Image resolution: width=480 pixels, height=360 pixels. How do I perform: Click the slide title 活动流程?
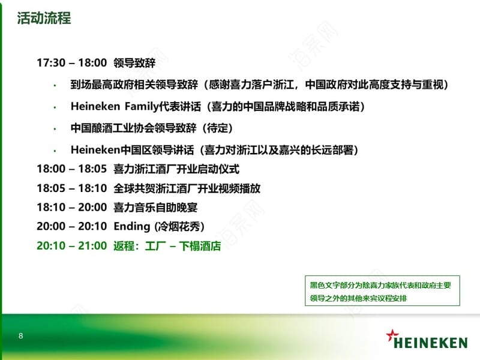[x=44, y=18]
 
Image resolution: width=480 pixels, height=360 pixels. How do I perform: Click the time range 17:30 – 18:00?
[x=71, y=63]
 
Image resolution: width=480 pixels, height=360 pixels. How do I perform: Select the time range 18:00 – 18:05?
[x=71, y=169]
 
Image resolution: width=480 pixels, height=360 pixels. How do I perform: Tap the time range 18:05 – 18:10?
[x=71, y=188]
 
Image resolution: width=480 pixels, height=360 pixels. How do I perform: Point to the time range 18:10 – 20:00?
[x=71, y=207]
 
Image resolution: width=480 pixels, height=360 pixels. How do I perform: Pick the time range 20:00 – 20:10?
[x=71, y=226]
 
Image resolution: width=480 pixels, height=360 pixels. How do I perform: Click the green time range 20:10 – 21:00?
[x=71, y=245]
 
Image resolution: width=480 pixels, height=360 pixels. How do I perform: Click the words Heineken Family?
[x=115, y=107]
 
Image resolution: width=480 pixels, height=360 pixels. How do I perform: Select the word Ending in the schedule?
[x=132, y=227]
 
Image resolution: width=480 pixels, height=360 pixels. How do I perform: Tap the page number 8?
[x=21, y=336]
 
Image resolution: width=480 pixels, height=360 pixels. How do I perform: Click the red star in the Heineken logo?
[x=392, y=335]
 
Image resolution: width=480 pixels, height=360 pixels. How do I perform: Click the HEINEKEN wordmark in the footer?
[x=431, y=343]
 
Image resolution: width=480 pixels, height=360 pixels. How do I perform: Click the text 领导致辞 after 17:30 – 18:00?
[x=134, y=63]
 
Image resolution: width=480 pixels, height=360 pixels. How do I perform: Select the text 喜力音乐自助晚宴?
[x=155, y=207]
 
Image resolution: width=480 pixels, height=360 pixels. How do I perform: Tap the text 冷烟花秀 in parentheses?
[x=179, y=227]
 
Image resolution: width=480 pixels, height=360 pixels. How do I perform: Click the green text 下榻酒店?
[x=200, y=246]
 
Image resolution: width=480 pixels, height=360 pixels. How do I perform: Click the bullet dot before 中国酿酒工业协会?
[x=55, y=129]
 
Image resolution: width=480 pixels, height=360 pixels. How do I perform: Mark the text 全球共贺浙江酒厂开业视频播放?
[x=187, y=188]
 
